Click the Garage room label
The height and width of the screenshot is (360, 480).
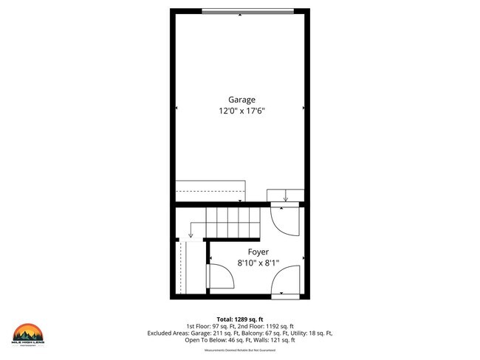click(241, 99)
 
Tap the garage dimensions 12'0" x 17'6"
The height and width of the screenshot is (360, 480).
click(241, 111)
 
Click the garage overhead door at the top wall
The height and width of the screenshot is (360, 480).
click(241, 10)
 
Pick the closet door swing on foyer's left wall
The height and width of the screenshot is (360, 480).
click(220, 276)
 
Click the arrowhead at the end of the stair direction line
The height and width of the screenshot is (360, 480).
click(191, 236)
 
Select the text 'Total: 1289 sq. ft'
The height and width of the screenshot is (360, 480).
click(240, 318)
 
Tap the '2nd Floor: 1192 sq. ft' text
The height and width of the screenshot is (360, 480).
click(268, 325)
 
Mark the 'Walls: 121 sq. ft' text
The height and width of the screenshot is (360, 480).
click(272, 340)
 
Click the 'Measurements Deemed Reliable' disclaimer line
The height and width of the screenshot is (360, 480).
click(240, 350)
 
